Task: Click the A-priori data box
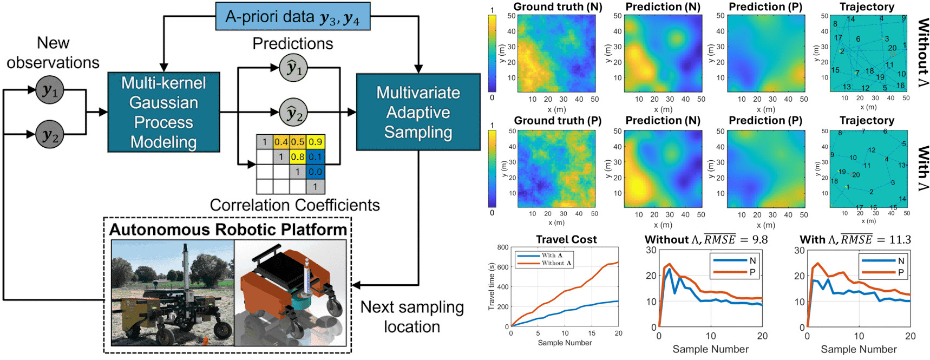coord(292,17)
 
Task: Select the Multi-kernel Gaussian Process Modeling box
coord(163,112)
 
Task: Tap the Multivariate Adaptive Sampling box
coord(418,112)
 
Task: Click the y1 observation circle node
coord(50,90)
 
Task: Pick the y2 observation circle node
coord(50,134)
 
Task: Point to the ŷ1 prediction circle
coord(293,68)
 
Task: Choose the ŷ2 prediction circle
coord(293,113)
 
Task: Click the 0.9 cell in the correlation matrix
coord(316,142)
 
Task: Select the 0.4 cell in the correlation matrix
coord(281,142)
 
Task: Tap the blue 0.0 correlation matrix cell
coord(316,172)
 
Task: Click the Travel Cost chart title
coord(566,239)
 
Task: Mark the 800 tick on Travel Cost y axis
coord(502,247)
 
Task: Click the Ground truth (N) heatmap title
coord(558,7)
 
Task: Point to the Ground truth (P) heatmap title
coord(558,121)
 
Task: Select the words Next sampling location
coord(412,317)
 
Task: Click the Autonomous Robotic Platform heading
coord(228,230)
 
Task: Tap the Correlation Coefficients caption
coord(294,205)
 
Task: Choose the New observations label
coord(53,53)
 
